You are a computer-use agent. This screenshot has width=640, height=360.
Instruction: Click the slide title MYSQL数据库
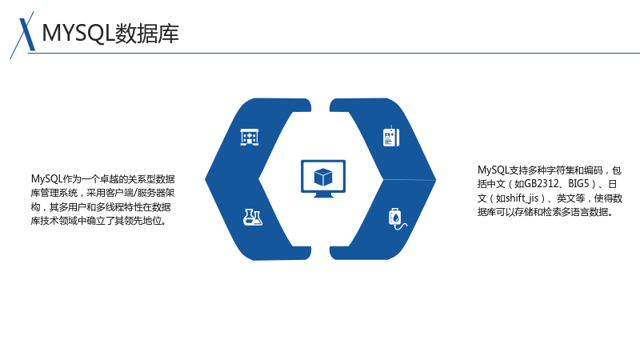pos(110,34)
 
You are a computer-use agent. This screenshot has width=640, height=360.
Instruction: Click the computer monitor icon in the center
pos(323,178)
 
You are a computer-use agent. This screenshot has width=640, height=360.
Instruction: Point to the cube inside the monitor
pos(323,177)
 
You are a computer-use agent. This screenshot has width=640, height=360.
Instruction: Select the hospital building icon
pos(250,137)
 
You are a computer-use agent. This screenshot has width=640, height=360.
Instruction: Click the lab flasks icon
pos(253,217)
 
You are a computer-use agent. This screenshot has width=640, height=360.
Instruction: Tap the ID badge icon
pos(391,137)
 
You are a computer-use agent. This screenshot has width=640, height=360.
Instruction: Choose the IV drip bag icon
pos(397,218)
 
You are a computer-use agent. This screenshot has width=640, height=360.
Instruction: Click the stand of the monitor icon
pos(323,195)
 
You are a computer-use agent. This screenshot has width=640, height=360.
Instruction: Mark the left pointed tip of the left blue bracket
pos(205,178)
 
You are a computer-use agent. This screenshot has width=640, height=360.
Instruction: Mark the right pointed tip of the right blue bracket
pos(436,179)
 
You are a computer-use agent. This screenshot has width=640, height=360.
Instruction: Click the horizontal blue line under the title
pos(334,53)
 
